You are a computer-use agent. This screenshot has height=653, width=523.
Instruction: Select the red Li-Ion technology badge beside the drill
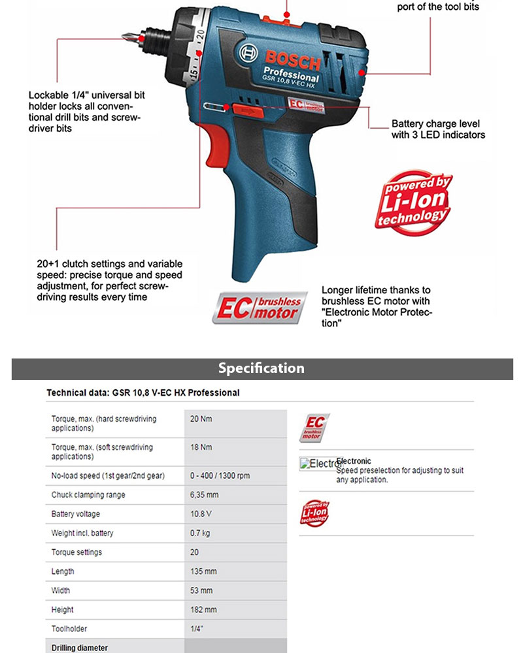[413, 202]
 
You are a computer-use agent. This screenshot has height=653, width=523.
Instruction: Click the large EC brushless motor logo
[260, 307]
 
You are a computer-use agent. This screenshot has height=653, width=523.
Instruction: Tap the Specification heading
[261, 368]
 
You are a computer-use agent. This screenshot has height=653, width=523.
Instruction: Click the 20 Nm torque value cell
[201, 419]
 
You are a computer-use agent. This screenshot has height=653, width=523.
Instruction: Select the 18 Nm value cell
[201, 447]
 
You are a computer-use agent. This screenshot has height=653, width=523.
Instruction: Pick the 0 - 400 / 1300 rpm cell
[220, 476]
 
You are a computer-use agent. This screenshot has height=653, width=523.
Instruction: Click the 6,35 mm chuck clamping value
[203, 495]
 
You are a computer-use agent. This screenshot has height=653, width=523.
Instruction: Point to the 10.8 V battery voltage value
[201, 514]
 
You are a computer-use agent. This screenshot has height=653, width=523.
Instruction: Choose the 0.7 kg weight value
[200, 533]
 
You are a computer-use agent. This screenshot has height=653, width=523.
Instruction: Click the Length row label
[63, 571]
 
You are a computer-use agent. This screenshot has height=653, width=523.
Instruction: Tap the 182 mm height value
[203, 610]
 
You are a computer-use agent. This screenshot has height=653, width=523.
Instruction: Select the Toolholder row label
[69, 629]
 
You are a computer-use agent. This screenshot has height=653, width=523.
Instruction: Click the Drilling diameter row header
[80, 648]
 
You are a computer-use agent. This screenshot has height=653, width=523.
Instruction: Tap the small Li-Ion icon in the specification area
[314, 513]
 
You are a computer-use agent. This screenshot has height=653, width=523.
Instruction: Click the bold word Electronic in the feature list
[354, 461]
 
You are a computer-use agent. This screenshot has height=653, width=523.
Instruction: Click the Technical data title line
[143, 393]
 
